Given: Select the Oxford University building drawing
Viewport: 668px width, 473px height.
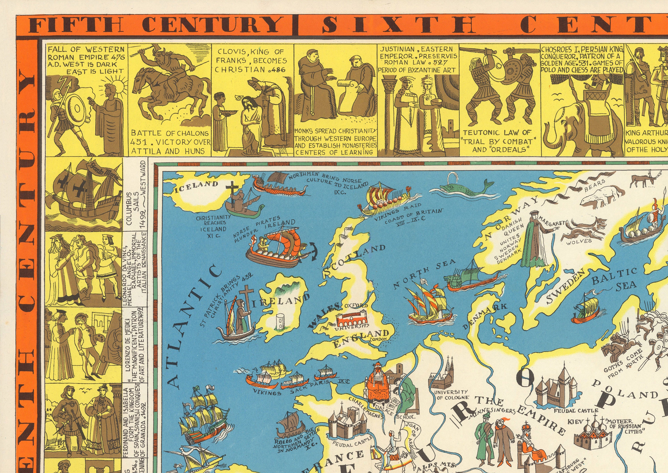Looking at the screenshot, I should pyautogui.click(x=353, y=319).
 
